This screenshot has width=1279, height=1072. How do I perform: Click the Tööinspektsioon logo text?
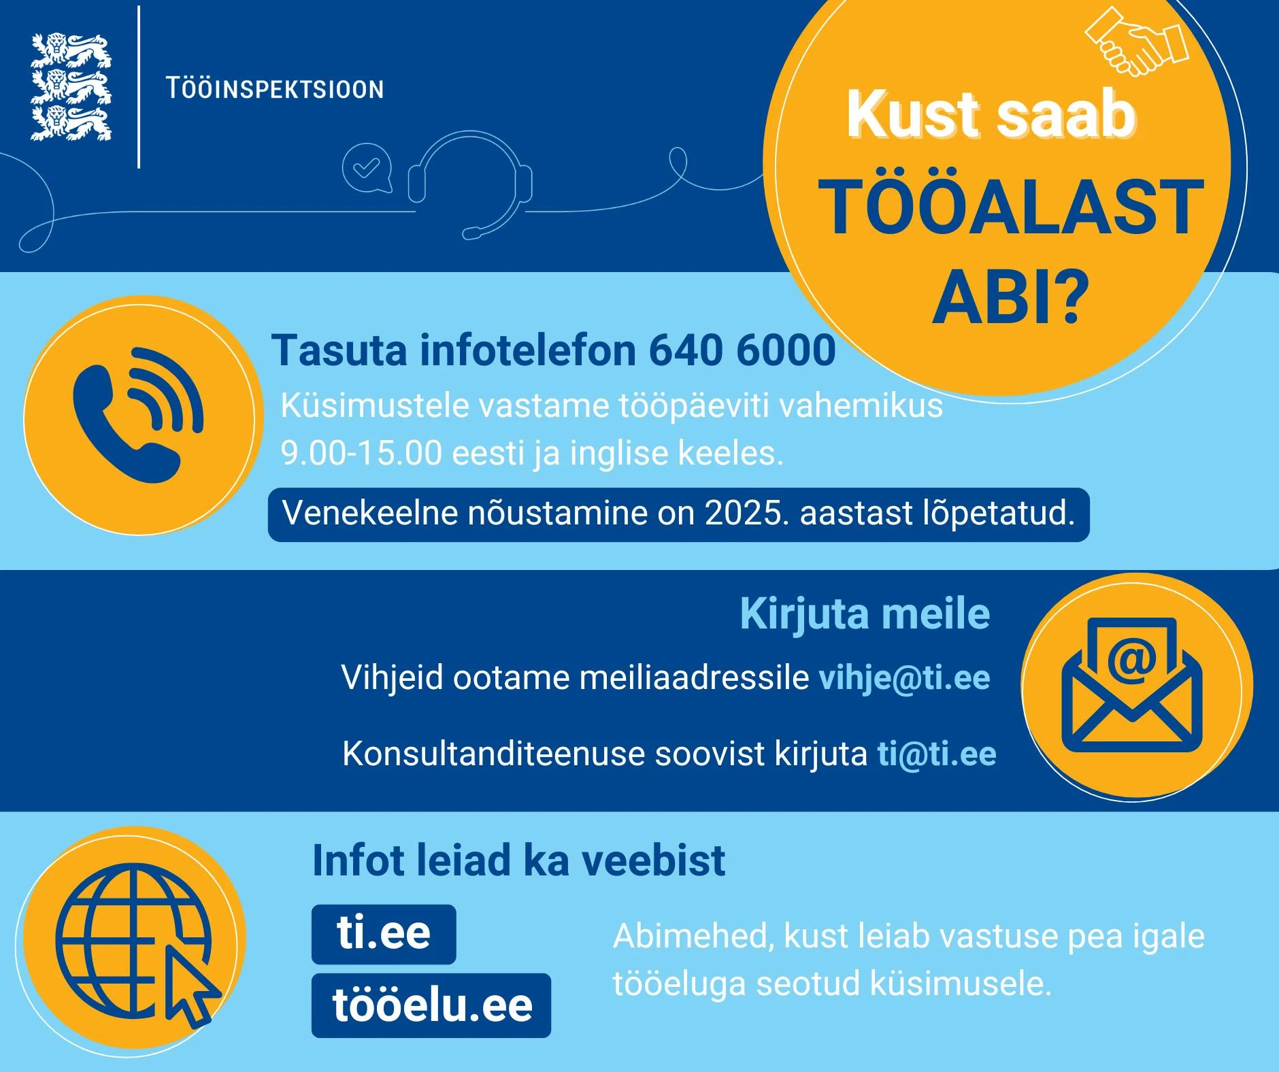[x=275, y=89]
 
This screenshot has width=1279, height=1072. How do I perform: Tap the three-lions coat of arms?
[x=71, y=88]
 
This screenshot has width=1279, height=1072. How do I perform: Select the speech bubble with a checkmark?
[x=367, y=167]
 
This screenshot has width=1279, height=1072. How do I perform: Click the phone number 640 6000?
[x=742, y=350]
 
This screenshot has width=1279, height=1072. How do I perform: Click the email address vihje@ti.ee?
[x=904, y=677]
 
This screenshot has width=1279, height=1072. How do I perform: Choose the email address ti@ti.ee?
[x=937, y=754]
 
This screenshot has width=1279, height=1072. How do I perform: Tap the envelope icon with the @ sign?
[x=1131, y=685]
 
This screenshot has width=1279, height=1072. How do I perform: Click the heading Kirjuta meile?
[x=865, y=614]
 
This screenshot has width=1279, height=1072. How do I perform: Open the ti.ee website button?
[x=384, y=934]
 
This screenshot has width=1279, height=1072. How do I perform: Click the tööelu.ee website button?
[x=431, y=1005]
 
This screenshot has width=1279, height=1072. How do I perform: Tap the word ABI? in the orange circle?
[x=1010, y=297]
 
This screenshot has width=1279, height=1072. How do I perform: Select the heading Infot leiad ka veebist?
[x=518, y=860]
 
